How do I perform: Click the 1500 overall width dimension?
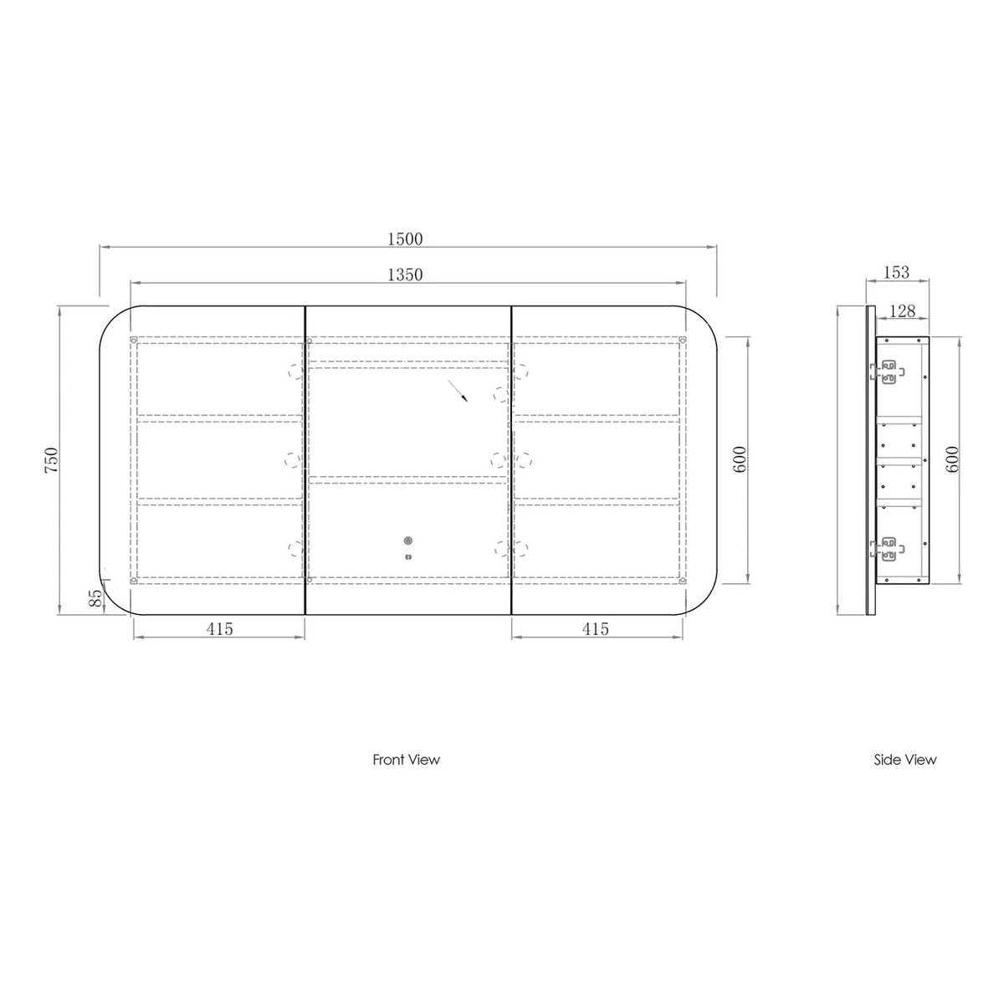pos(405,239)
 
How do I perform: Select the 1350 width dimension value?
pos(405,274)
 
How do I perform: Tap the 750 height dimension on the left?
pos(52,460)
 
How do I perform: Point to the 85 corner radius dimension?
pos(96,598)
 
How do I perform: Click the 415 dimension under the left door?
pos(219,629)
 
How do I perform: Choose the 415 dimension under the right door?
pos(595,629)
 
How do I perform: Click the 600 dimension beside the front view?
pos(740,459)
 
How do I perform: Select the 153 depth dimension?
pos(897,272)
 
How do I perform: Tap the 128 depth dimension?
pos(902,311)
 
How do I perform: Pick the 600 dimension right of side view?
pos(952,459)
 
